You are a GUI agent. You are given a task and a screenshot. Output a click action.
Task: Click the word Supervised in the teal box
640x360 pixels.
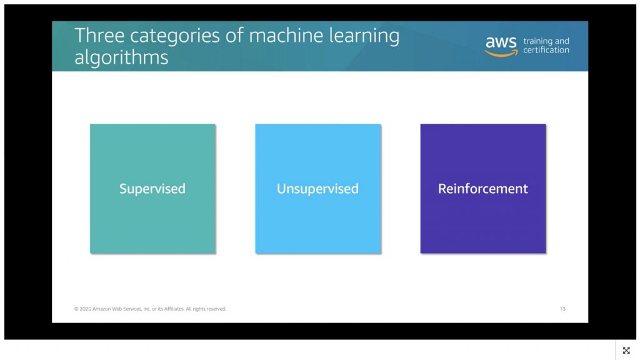tap(152, 189)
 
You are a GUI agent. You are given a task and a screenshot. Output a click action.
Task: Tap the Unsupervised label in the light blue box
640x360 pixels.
tap(317, 189)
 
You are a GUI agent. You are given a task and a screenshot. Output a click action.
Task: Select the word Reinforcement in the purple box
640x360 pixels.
tap(483, 189)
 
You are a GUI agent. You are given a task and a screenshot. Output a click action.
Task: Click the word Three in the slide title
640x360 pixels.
tap(99, 35)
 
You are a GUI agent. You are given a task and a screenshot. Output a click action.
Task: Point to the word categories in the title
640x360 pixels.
tap(175, 36)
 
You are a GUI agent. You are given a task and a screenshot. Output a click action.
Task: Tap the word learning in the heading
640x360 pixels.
tap(364, 36)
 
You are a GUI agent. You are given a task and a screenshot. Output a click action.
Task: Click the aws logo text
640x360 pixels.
tap(501, 42)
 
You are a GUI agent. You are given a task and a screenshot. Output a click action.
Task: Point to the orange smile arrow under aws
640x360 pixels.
tap(501, 53)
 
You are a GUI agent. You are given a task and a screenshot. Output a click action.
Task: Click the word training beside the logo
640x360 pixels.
tap(537, 41)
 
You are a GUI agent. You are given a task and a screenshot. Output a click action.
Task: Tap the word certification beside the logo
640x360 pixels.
tap(546, 50)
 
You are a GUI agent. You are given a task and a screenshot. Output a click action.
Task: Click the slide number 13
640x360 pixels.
tap(563, 309)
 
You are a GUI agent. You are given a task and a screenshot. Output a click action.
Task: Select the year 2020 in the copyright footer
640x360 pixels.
tap(85, 309)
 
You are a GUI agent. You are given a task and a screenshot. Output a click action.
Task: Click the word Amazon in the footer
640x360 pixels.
tap(102, 309)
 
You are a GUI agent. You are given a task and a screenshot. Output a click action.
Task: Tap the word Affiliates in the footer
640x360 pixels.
tap(174, 309)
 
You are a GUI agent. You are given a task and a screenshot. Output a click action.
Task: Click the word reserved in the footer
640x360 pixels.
tap(217, 309)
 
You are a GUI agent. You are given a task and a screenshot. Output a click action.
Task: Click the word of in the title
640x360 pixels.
tap(235, 35)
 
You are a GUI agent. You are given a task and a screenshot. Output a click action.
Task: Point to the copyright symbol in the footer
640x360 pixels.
tap(76, 309)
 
